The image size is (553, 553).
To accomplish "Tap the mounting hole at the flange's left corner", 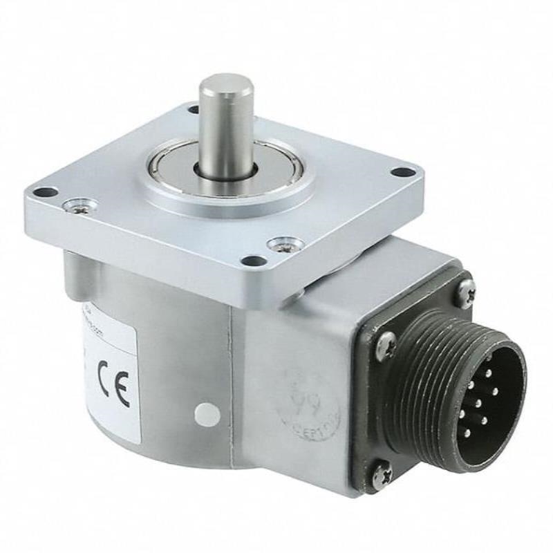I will [45, 192].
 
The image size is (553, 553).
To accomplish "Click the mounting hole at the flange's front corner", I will [254, 261].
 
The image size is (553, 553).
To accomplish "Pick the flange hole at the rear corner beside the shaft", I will [193, 109].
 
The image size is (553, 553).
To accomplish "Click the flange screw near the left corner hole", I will [78, 204].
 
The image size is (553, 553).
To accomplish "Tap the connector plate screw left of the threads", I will [387, 342].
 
